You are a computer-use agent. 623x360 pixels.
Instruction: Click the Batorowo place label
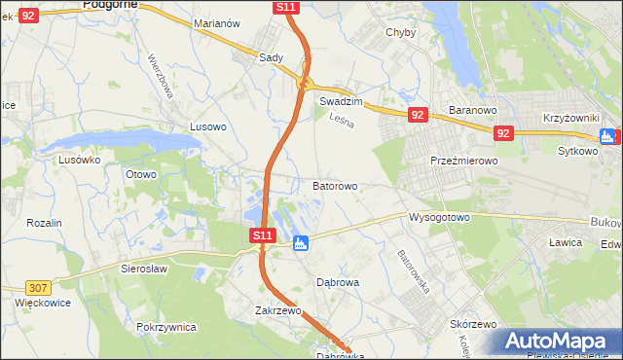click(335, 185)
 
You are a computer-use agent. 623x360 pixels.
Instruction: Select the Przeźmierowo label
click(464, 162)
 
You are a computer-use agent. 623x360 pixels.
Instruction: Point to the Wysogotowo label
click(439, 217)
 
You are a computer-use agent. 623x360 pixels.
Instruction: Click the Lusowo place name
click(207, 126)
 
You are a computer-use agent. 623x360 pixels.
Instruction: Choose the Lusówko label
click(80, 160)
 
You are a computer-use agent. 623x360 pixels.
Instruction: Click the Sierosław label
click(145, 268)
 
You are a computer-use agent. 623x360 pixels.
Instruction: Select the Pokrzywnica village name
click(166, 328)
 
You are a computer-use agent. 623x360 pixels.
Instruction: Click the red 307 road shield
click(38, 287)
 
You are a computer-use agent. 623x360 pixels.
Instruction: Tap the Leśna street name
click(340, 120)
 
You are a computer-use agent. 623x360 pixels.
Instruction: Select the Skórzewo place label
click(474, 324)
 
